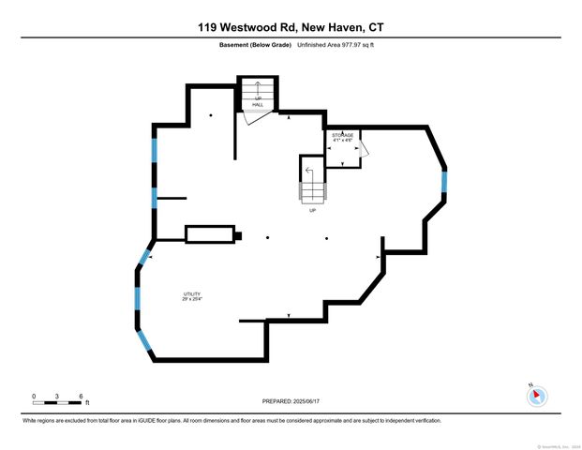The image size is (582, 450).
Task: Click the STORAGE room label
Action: (x=342, y=136)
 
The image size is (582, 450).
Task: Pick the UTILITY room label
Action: (x=191, y=294)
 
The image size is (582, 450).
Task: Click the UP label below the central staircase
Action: (x=312, y=210)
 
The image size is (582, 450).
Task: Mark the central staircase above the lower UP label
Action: (x=312, y=183)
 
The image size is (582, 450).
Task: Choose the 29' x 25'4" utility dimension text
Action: (x=191, y=300)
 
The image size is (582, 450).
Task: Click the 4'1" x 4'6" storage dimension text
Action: (x=342, y=142)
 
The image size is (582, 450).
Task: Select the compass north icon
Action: (x=537, y=395)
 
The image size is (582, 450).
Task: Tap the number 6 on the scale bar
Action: (x=82, y=397)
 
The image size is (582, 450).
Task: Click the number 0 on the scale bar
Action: (x=34, y=397)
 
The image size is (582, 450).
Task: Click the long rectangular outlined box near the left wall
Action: (x=210, y=234)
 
